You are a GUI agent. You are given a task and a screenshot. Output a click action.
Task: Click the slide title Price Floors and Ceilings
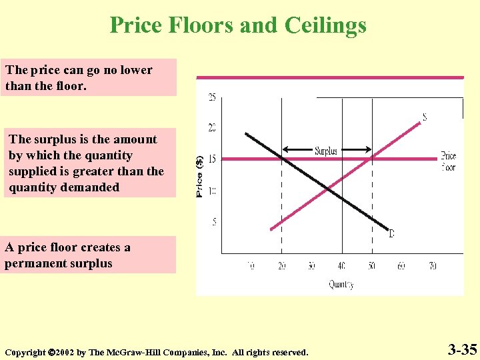238,25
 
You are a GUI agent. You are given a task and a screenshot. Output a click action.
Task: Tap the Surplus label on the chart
326,151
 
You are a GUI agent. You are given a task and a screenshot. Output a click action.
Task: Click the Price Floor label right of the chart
449,162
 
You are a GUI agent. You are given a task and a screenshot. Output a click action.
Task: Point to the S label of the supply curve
424,117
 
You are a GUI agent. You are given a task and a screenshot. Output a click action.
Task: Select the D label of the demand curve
391,233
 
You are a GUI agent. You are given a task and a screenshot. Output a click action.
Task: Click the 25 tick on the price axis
212,97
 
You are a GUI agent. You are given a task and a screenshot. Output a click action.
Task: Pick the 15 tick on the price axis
212,159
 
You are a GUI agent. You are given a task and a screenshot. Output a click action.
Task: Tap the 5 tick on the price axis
214,221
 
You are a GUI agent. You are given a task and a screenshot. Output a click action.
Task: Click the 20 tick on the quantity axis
281,266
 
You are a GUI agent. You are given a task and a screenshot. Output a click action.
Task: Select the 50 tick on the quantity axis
371,266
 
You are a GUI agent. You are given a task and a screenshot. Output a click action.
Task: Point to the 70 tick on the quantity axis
432,266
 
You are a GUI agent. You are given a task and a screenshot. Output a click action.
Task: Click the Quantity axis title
341,285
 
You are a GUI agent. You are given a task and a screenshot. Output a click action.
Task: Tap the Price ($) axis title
200,176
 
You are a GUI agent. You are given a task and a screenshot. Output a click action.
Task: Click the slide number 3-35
462,349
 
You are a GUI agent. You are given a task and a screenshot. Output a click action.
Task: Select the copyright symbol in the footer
51,352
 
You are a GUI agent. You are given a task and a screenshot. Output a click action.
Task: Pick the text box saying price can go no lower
88,78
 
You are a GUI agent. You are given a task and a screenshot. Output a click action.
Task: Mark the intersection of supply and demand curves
329,190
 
